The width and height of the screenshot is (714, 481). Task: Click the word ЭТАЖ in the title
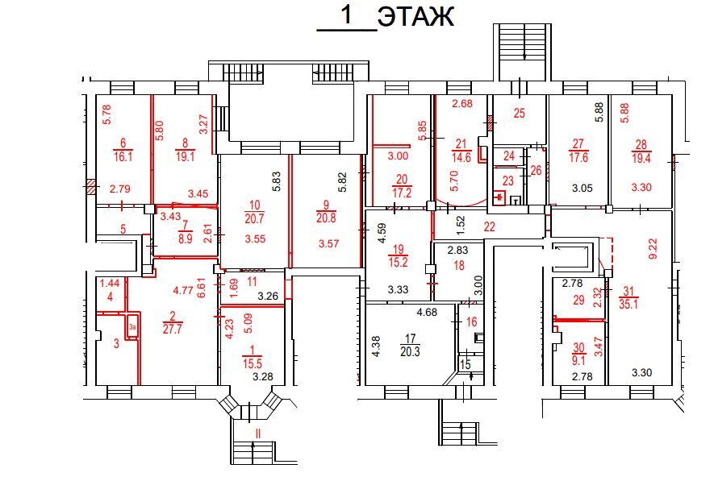415,17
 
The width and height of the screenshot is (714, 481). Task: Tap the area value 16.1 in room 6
123,157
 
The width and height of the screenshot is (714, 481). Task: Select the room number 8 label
185,143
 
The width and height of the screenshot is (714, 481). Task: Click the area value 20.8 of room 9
326,218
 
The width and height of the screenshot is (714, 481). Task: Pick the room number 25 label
519,114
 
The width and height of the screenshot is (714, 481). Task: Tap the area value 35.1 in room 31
628,304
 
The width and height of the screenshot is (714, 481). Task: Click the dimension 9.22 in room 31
653,249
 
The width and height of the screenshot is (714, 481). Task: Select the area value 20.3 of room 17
410,351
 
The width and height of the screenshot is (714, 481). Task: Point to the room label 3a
132,326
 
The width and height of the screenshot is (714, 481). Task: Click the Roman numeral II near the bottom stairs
258,433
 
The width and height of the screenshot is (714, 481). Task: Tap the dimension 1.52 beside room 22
461,226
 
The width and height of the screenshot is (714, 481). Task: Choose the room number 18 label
459,266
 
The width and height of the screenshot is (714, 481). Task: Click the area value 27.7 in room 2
172,329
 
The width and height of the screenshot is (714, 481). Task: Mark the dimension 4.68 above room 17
427,312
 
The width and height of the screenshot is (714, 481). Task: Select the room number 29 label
578,300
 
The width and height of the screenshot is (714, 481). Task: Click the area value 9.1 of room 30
578,361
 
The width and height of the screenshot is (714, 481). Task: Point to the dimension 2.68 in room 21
462,103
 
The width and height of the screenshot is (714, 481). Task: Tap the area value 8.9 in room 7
186,238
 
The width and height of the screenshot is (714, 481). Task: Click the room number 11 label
252,282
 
